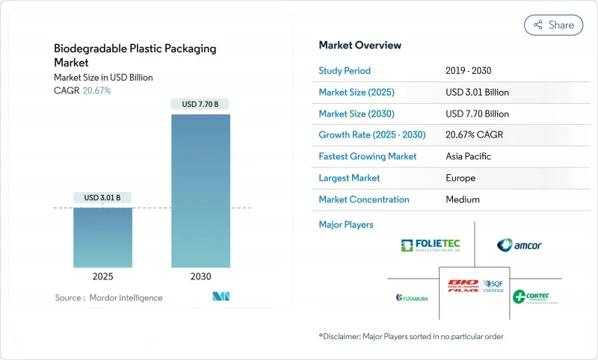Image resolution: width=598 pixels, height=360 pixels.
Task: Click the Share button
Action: pyautogui.click(x=554, y=25)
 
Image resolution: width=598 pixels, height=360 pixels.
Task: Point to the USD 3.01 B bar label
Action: pyautogui.click(x=102, y=197)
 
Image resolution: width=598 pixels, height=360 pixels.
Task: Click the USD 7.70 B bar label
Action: pyautogui.click(x=200, y=104)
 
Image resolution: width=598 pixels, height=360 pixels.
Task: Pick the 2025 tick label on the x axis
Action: pyautogui.click(x=102, y=276)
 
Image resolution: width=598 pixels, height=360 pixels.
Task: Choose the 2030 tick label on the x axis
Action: pyautogui.click(x=200, y=276)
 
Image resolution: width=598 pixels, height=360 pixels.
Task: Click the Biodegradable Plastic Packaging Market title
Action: pyautogui.click(x=135, y=55)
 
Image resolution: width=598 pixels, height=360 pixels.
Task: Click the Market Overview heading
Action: pyautogui.click(x=360, y=46)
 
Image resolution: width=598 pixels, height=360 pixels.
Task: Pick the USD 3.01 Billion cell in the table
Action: pyautogui.click(x=477, y=93)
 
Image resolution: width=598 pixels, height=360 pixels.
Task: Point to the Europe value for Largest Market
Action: pyautogui.click(x=460, y=179)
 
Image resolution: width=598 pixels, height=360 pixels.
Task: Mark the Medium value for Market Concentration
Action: pyautogui.click(x=462, y=199)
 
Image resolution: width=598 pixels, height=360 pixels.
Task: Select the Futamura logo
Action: pyautogui.click(x=412, y=297)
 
